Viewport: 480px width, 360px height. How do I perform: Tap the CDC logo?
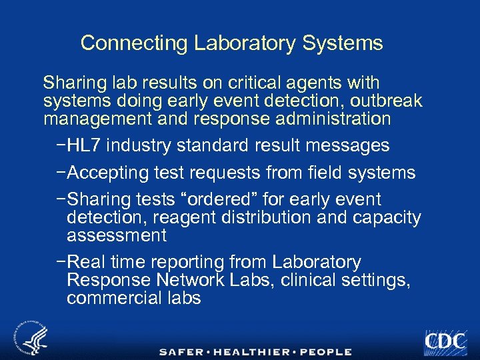pyautogui.click(x=445, y=341)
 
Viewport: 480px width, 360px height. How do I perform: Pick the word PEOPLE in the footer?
pyautogui.click(x=326, y=351)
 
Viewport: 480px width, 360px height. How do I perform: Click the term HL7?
pyautogui.click(x=84, y=145)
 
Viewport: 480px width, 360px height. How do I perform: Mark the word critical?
pyautogui.click(x=250, y=83)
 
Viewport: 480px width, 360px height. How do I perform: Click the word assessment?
pyautogui.click(x=117, y=235)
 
